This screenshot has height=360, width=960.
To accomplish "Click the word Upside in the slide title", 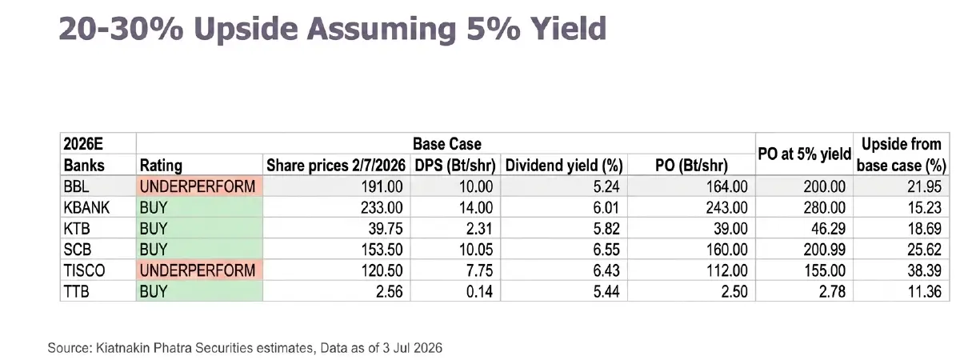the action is click(245, 29).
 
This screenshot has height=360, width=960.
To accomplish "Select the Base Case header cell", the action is click(446, 144).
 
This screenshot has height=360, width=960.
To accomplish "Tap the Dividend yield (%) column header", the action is click(564, 166).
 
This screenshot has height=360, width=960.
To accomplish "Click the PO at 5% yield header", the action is click(804, 154).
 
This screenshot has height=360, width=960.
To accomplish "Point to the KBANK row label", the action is click(86, 208).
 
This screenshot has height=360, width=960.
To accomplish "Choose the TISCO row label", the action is click(84, 271).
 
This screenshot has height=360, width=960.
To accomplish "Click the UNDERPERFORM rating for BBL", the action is click(198, 186).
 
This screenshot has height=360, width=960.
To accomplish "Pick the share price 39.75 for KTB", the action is click(386, 229).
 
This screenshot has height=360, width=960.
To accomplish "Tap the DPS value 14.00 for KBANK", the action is click(476, 208).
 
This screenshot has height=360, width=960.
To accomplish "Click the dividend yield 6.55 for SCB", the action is click(606, 250).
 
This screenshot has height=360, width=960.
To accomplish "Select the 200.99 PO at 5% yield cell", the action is click(825, 250).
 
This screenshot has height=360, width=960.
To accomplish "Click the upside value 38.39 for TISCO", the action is click(925, 271).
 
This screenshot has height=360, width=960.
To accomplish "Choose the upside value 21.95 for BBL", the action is click(925, 186).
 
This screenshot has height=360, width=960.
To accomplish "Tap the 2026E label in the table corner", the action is click(83, 144).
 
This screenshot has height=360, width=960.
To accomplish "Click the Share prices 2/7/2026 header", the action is click(336, 166).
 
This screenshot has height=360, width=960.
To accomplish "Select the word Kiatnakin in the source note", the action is click(122, 347).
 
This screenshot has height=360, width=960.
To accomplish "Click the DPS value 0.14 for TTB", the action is click(479, 292).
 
